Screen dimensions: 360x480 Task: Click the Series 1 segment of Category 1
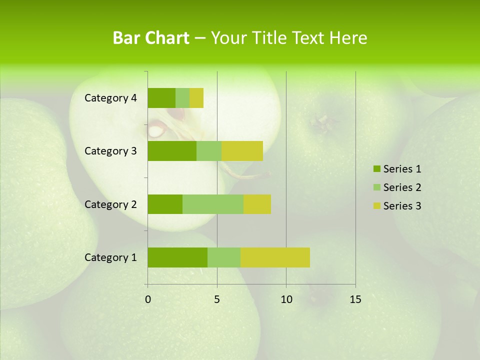pyautogui.click(x=177, y=257)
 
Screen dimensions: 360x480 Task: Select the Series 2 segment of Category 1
pyautogui.click(x=224, y=257)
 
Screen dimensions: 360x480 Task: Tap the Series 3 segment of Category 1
pyautogui.click(x=275, y=257)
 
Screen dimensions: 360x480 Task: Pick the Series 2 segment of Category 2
pyautogui.click(x=213, y=204)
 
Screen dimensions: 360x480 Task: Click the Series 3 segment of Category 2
pyautogui.click(x=257, y=204)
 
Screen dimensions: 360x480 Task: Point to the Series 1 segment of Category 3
pyautogui.click(x=172, y=151)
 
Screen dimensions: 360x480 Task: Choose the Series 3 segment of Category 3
pyautogui.click(x=242, y=151)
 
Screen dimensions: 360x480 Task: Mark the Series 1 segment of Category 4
pyautogui.click(x=161, y=98)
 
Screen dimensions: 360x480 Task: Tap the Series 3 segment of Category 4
pyautogui.click(x=196, y=98)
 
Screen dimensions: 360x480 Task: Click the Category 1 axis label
pyautogui.click(x=110, y=257)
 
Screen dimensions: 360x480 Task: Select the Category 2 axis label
pyautogui.click(x=110, y=204)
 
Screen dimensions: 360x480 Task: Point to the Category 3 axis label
pyautogui.click(x=110, y=151)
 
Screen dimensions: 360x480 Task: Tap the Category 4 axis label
pyautogui.click(x=110, y=98)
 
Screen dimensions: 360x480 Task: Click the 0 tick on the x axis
pyautogui.click(x=148, y=299)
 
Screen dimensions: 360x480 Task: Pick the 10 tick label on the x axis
pyautogui.click(x=286, y=299)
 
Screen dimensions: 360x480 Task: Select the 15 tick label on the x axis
pyautogui.click(x=355, y=299)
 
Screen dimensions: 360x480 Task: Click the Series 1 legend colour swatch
pyautogui.click(x=376, y=169)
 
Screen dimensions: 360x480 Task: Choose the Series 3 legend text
pyautogui.click(x=402, y=206)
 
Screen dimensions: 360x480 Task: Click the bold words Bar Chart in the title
pyautogui.click(x=151, y=38)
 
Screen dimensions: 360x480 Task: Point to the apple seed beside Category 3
pyautogui.click(x=156, y=131)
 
